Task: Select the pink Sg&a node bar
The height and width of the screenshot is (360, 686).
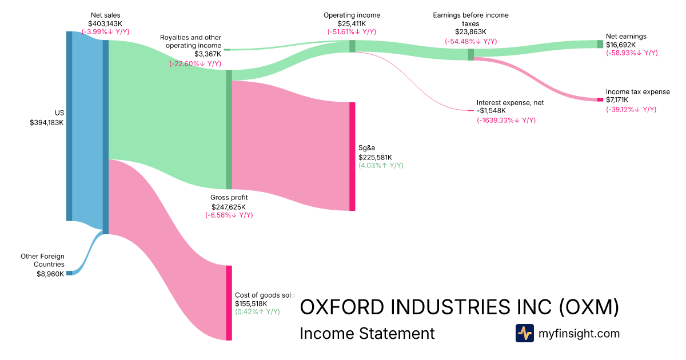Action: click(x=352, y=156)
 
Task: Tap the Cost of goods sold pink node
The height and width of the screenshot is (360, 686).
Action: click(x=229, y=303)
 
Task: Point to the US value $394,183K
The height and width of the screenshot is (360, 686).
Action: click(x=47, y=122)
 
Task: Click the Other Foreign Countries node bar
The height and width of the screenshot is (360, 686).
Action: click(x=69, y=273)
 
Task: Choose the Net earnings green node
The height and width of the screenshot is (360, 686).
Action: click(x=600, y=44)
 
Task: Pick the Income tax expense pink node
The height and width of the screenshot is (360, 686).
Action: click(x=600, y=99)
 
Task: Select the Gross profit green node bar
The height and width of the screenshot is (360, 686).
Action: click(x=229, y=129)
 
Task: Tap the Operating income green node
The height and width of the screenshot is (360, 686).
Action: click(x=352, y=46)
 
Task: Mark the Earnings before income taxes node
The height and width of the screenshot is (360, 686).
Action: click(x=470, y=54)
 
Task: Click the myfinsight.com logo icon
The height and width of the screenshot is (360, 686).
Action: click(x=524, y=333)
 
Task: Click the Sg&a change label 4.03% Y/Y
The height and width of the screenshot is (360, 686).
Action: click(x=381, y=165)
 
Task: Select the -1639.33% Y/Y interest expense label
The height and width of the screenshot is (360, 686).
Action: click(x=506, y=121)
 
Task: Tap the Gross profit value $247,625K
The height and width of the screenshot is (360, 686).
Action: click(x=229, y=207)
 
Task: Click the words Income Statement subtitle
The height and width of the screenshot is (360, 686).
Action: click(x=367, y=334)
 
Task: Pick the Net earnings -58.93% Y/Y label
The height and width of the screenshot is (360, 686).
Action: click(x=632, y=53)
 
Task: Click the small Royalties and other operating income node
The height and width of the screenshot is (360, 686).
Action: click(x=226, y=50)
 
